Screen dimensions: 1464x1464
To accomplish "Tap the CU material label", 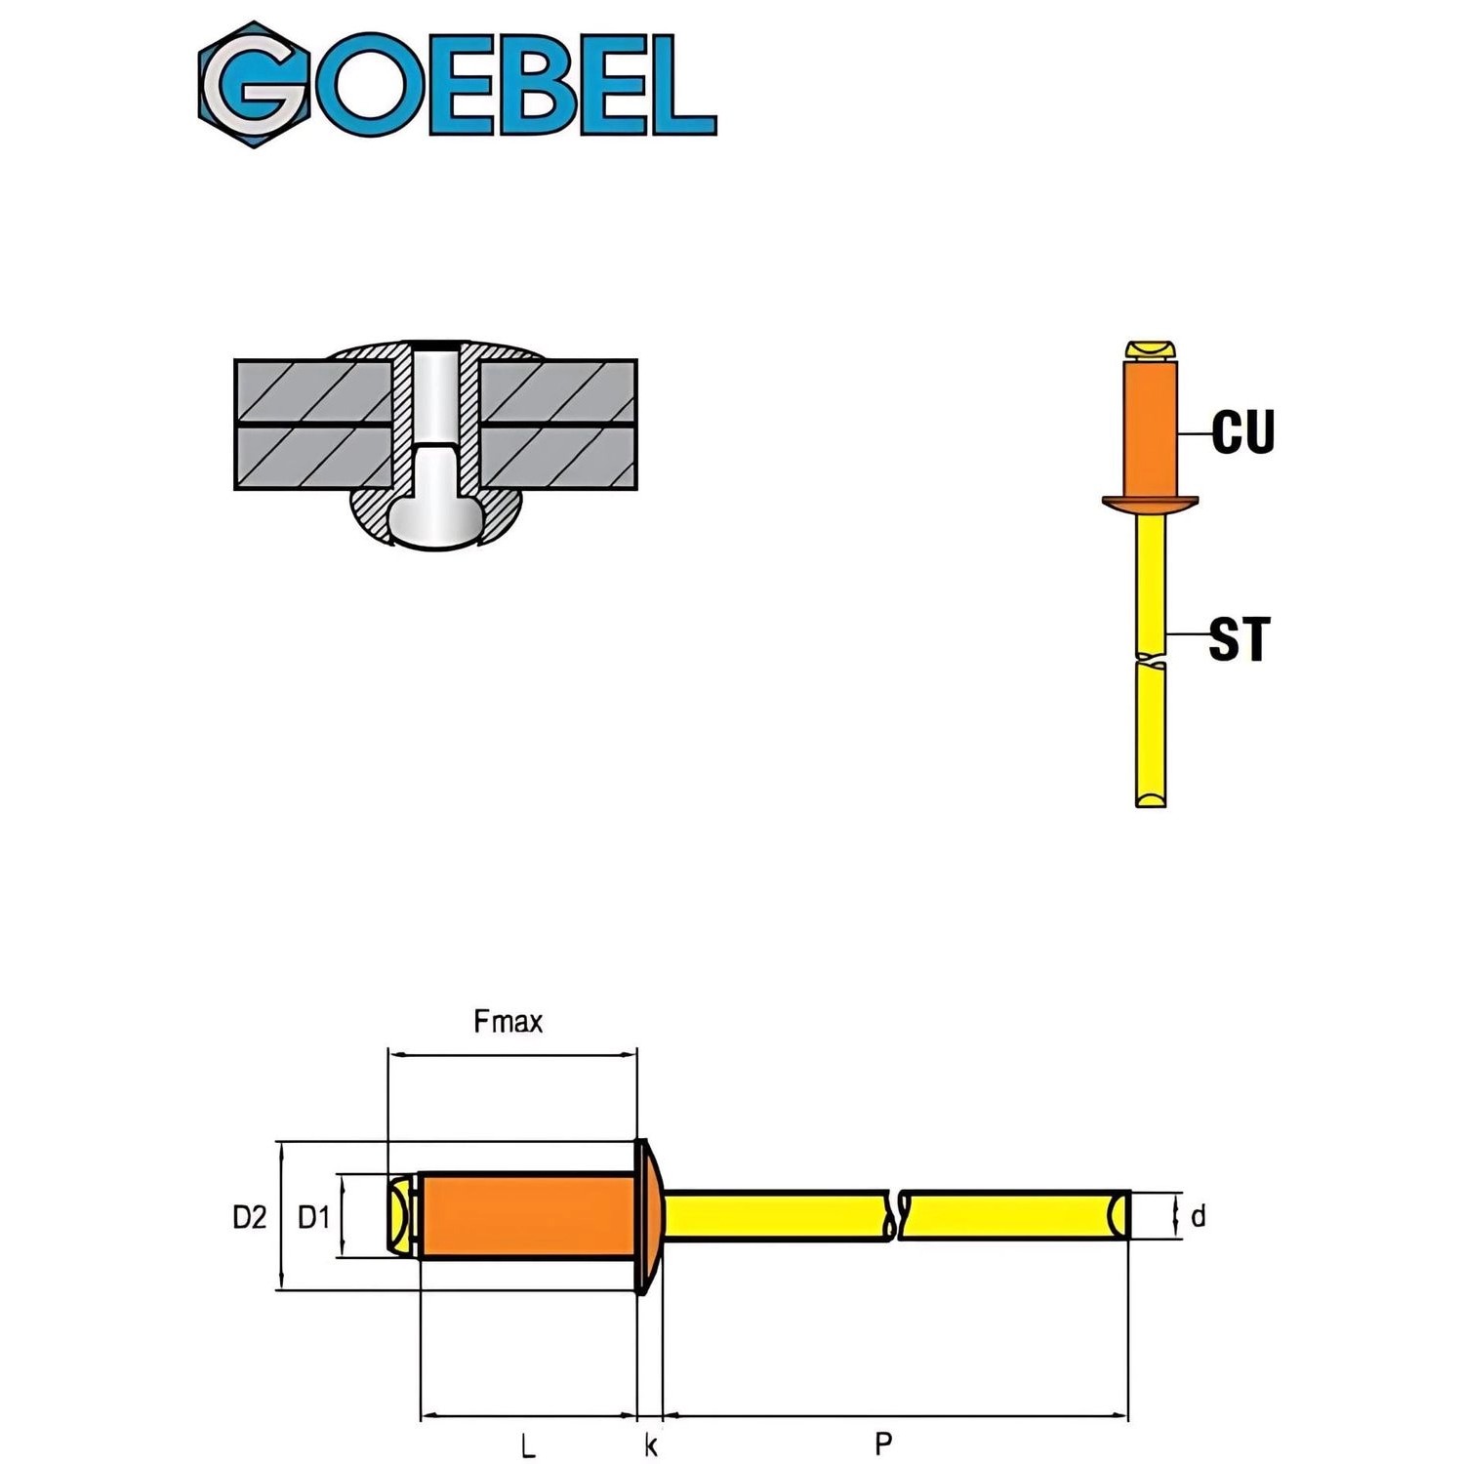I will coord(1242,431).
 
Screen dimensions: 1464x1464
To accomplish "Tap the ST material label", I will coord(1240,639).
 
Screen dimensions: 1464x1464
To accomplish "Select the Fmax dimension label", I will coord(508,1022).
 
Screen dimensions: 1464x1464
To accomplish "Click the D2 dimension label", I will coord(249,1217).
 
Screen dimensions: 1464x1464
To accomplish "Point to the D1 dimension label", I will coord(313,1217).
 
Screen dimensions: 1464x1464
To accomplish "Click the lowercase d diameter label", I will coord(1199,1216).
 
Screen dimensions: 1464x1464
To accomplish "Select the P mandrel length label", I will coord(883,1443).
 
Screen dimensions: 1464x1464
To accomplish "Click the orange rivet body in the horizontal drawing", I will coord(527,1216).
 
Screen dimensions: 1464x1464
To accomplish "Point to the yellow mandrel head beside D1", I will coord(401,1216).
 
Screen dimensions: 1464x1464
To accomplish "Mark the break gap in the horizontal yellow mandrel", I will coord(895,1216).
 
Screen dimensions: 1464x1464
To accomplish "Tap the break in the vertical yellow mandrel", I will coord(1151,660).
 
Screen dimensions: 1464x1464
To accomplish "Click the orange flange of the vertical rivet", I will coord(1150,503).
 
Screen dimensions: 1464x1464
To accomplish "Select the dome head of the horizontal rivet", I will coord(649,1216).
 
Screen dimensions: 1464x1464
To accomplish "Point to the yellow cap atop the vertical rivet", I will coord(1150,349).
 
